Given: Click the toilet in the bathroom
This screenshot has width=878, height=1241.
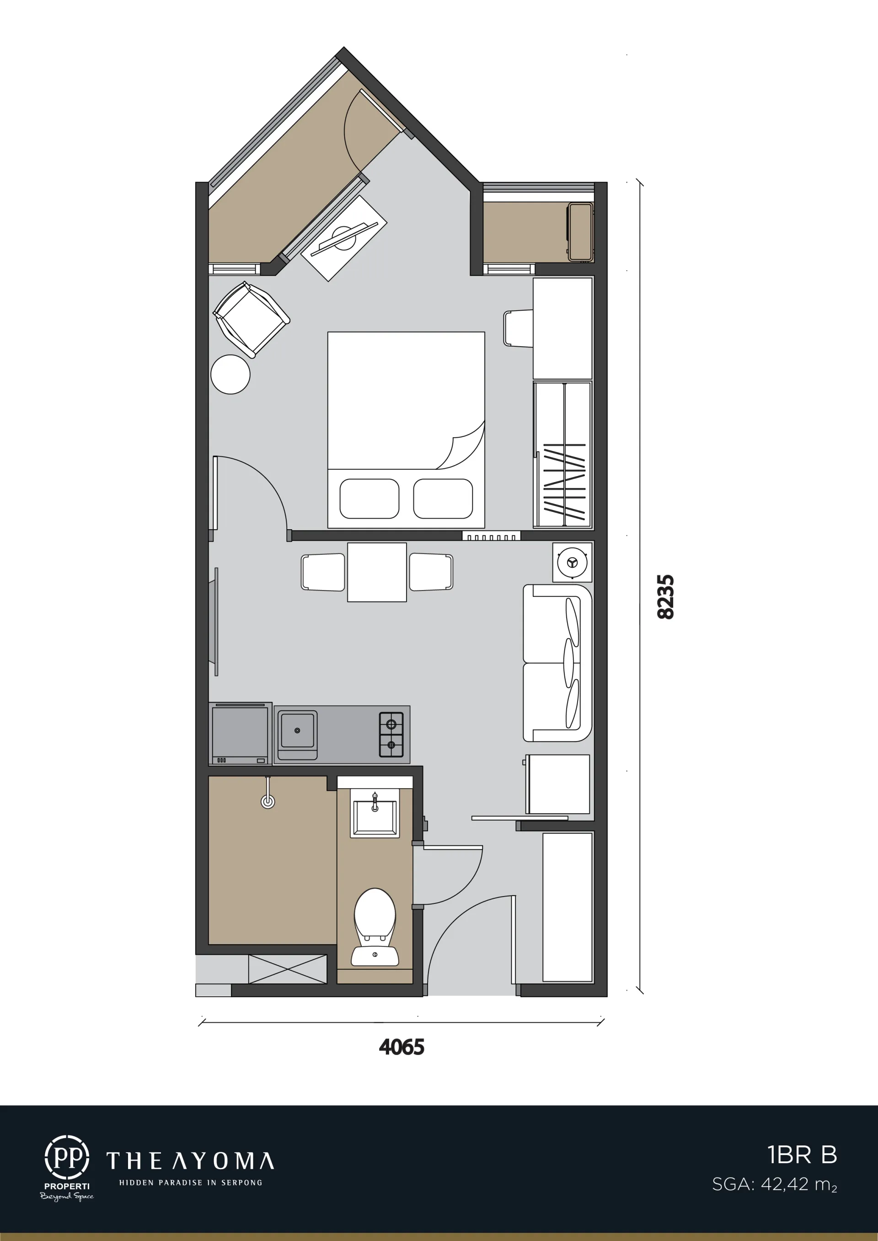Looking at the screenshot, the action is click(x=375, y=926).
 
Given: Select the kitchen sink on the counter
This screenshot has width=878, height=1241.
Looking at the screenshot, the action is click(x=297, y=734).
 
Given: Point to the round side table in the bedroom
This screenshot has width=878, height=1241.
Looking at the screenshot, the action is click(x=230, y=374).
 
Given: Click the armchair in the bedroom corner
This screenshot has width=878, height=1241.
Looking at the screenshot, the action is click(x=251, y=320).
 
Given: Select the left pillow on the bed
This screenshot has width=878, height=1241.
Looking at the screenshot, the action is click(x=369, y=499).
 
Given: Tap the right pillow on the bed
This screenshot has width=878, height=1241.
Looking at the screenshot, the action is click(x=443, y=499).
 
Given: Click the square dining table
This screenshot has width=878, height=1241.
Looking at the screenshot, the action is click(x=377, y=572).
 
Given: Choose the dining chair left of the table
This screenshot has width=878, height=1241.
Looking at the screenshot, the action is click(x=323, y=572).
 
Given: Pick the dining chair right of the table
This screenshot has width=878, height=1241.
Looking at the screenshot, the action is click(x=431, y=572).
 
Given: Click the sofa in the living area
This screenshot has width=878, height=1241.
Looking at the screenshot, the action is click(x=557, y=663).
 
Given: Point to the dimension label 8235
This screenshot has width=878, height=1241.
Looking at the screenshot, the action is click(x=665, y=596).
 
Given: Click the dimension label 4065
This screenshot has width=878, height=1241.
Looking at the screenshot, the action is click(x=401, y=1048).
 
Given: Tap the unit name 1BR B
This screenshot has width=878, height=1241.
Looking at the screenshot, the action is click(x=802, y=1155).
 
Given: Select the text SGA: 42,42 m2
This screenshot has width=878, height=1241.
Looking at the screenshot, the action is click(x=774, y=1185).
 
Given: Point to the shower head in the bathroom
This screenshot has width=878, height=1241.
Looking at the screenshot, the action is click(x=268, y=793).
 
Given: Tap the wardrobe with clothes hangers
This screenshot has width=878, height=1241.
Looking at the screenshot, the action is click(x=562, y=454).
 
